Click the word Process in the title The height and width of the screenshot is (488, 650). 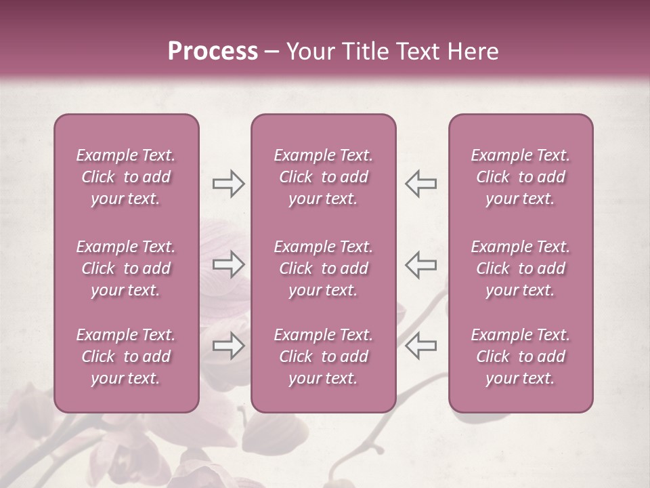pyautogui.click(x=213, y=52)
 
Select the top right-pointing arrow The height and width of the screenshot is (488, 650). pyautogui.click(x=228, y=184)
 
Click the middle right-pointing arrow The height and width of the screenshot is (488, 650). pyautogui.click(x=228, y=264)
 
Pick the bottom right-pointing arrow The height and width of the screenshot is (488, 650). pyautogui.click(x=228, y=346)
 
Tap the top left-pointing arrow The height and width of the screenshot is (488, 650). pyautogui.click(x=420, y=184)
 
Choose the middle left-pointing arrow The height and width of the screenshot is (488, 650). pyautogui.click(x=420, y=264)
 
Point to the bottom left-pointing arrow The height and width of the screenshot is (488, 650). pyautogui.click(x=420, y=346)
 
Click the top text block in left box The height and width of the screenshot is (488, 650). pyautogui.click(x=126, y=177)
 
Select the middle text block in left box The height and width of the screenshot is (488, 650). pyautogui.click(x=126, y=268)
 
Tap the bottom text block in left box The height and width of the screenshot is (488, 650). pyautogui.click(x=126, y=357)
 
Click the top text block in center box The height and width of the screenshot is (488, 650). pyautogui.click(x=324, y=177)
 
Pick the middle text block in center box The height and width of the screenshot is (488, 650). pyautogui.click(x=324, y=268)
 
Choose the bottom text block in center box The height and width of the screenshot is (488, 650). pyautogui.click(x=324, y=357)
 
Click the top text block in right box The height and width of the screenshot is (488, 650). pyautogui.click(x=521, y=177)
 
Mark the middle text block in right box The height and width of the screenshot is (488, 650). pyautogui.click(x=521, y=268)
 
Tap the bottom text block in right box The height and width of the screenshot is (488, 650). pyautogui.click(x=521, y=357)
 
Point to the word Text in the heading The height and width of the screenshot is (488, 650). pyautogui.click(x=419, y=52)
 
